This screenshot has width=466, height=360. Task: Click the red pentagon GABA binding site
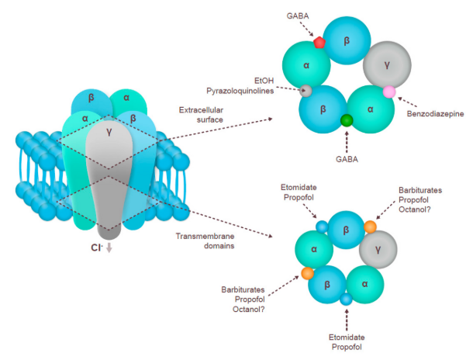click(x=319, y=43)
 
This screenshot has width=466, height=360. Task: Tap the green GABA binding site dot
click(x=347, y=120)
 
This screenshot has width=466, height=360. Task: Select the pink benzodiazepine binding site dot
click(x=389, y=92)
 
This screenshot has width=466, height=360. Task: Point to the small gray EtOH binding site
click(x=305, y=91)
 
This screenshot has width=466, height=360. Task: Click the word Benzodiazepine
click(x=435, y=114)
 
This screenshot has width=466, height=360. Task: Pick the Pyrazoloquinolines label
click(x=240, y=91)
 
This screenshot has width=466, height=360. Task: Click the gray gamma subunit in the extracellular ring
click(x=387, y=65)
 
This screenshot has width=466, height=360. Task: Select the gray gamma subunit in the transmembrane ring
click(x=378, y=250)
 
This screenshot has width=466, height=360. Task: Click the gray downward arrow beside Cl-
click(x=109, y=247)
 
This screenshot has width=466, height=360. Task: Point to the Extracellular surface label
click(x=201, y=115)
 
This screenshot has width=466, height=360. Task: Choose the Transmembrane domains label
click(x=205, y=241)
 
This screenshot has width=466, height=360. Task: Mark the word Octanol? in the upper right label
click(x=414, y=209)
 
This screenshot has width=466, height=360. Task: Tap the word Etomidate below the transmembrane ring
click(x=347, y=337)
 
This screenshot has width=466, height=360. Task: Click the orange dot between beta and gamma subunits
click(x=370, y=227)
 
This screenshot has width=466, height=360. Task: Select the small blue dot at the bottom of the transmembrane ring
click(x=346, y=299)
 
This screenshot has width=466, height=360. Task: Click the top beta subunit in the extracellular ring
click(x=347, y=40)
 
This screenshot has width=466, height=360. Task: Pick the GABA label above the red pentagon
click(x=298, y=16)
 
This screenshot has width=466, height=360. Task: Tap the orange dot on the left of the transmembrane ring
click(x=308, y=273)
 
